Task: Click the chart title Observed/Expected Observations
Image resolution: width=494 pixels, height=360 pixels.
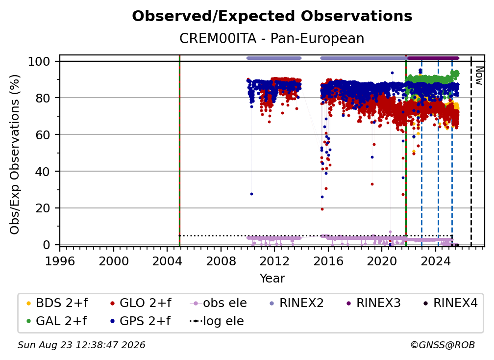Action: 272,16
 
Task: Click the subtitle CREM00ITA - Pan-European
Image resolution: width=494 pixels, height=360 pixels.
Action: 272,39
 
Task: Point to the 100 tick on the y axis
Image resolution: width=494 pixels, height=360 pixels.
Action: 39,61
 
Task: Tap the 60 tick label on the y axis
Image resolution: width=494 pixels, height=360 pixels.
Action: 43,134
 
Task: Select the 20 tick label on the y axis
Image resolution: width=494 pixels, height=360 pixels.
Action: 43,208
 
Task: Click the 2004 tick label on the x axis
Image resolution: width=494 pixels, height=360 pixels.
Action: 167,261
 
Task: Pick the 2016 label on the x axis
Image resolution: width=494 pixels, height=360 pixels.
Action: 328,261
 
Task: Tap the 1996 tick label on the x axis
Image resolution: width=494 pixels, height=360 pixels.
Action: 60,261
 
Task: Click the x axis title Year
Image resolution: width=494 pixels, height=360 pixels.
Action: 272,279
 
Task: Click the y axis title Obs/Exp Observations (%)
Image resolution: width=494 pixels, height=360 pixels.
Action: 15,154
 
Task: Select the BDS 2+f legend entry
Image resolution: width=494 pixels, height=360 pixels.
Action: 57,303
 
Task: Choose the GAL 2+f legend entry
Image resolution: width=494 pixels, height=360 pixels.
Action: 56,321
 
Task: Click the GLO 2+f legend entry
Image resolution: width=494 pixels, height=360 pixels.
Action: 141,303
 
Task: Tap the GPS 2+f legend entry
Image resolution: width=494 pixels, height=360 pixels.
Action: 140,321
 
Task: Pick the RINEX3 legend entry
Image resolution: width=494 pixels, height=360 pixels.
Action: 373,303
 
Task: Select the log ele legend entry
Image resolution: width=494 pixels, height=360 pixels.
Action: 217,321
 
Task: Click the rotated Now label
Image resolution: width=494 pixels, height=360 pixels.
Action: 479,76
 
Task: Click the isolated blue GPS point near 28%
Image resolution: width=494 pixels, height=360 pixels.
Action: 251,194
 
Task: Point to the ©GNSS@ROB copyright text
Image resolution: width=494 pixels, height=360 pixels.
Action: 443,345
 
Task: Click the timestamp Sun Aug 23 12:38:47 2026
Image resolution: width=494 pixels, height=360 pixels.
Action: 81,345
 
